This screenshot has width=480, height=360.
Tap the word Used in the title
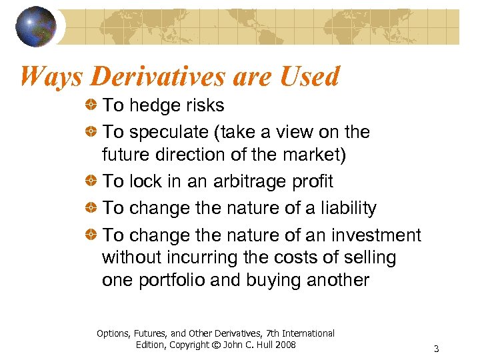(309, 77)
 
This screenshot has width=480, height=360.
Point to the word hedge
(153, 105)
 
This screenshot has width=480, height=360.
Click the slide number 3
(436, 349)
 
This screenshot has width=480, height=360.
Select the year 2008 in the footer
(283, 345)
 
